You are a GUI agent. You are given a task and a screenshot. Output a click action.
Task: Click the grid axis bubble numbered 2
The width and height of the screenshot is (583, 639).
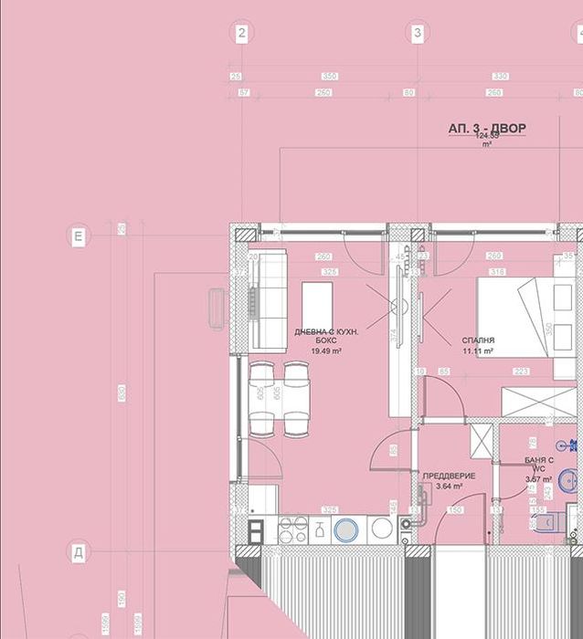point(241,34)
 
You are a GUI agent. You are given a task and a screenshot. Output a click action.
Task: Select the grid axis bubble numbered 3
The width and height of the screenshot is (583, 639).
point(418,34)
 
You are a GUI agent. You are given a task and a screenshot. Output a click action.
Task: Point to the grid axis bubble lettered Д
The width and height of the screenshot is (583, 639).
point(79,552)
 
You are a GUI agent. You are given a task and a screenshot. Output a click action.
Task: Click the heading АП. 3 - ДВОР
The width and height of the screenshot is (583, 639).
point(486,129)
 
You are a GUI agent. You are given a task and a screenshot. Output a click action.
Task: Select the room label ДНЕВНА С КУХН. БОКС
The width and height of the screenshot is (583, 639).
point(326,335)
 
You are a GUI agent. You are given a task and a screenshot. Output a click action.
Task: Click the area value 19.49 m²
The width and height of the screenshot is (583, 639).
point(326,351)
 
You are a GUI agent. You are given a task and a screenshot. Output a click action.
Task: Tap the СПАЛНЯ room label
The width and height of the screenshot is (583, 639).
point(478,340)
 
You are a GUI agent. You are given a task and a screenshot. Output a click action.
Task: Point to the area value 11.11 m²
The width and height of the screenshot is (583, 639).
point(478,351)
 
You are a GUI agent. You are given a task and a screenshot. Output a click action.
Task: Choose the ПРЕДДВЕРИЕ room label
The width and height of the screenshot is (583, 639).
point(449,477)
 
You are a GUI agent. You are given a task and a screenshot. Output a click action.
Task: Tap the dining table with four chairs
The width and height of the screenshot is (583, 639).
point(278,398)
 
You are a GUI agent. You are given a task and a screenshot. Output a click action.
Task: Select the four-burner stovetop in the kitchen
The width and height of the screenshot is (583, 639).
point(292,529)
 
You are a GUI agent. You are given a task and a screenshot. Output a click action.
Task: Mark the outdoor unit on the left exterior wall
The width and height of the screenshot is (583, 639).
point(217,307)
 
